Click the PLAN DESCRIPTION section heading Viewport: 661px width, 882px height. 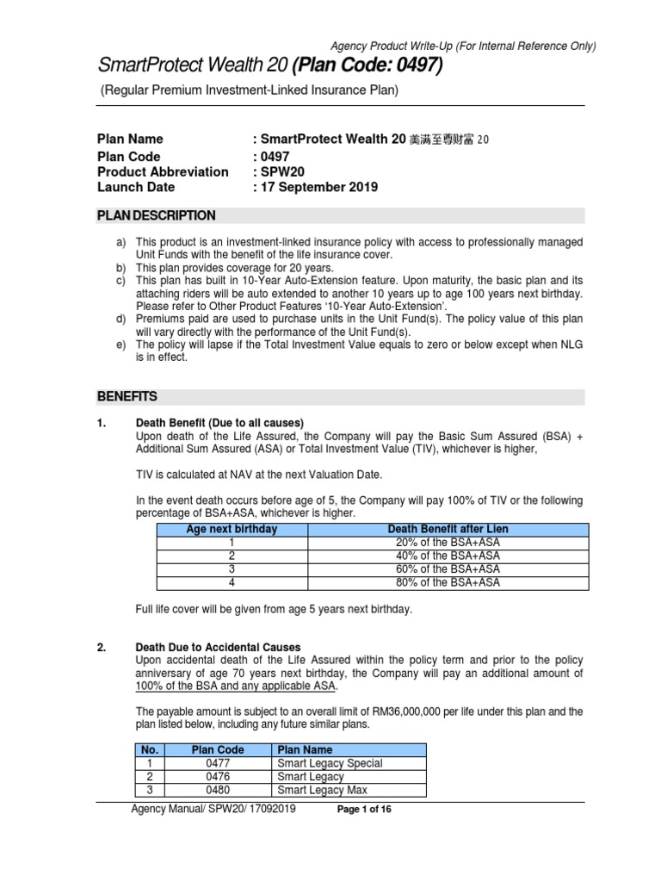click(156, 215)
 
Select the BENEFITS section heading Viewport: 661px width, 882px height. click(127, 397)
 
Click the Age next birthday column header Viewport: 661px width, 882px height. click(232, 529)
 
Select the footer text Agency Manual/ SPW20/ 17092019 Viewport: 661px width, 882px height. click(213, 810)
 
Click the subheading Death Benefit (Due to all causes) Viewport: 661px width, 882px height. click(219, 423)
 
